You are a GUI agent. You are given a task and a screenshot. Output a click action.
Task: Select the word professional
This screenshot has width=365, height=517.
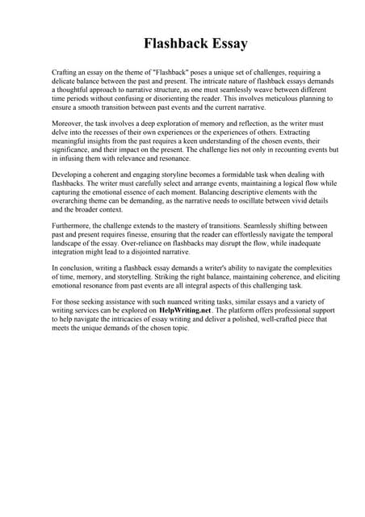pyautogui.click(x=275, y=309)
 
